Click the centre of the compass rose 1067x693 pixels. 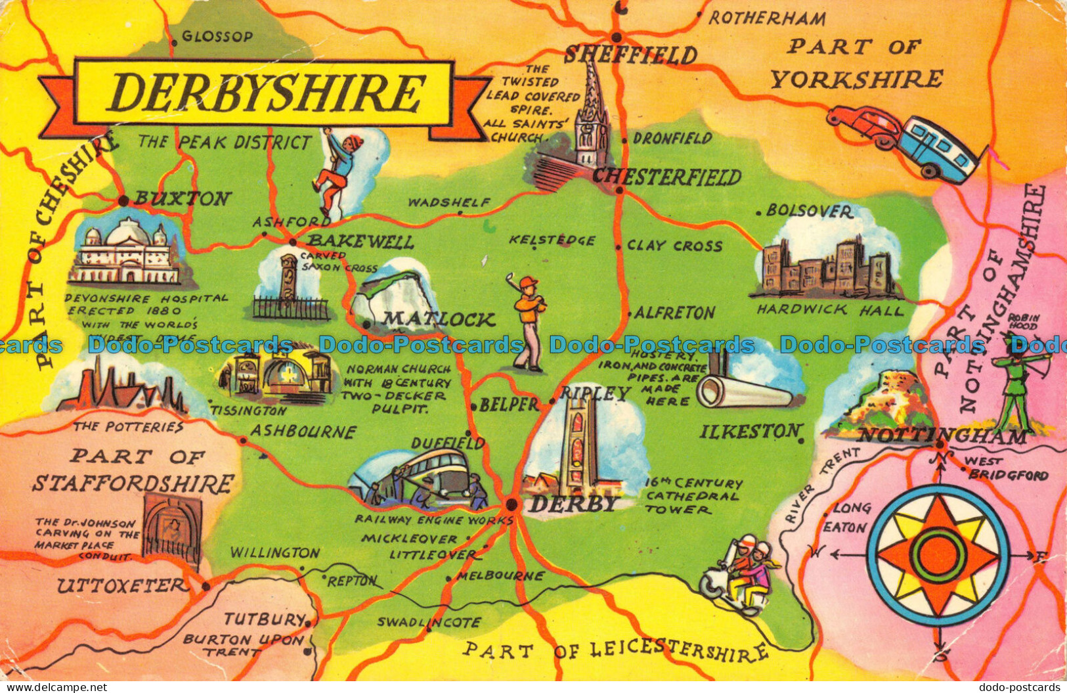(937, 556)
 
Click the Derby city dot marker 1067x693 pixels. (512, 505)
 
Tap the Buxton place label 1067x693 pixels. (183, 198)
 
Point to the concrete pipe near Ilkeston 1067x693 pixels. (742, 392)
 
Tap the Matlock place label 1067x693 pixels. (439, 320)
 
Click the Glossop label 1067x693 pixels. (217, 37)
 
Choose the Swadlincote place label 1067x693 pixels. (429, 622)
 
